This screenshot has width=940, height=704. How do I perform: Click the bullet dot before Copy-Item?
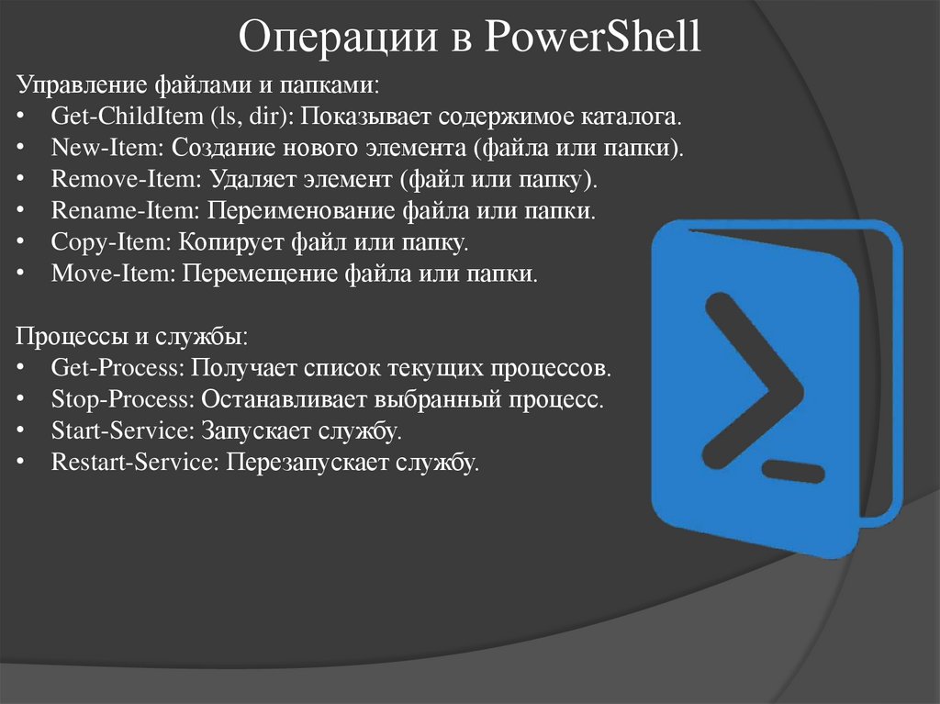21,242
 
